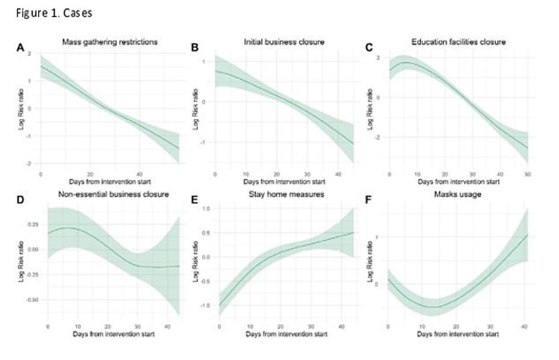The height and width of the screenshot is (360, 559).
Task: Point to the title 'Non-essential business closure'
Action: pos(113,194)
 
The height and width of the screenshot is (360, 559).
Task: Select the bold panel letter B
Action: pos(195,48)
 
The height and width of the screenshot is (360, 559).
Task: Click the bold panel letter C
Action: pos(368,48)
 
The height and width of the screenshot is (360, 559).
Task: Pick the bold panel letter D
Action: pos(20,200)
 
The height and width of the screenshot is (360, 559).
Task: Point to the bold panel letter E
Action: pos(195,200)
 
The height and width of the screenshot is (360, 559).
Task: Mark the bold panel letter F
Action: pos(368,200)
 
